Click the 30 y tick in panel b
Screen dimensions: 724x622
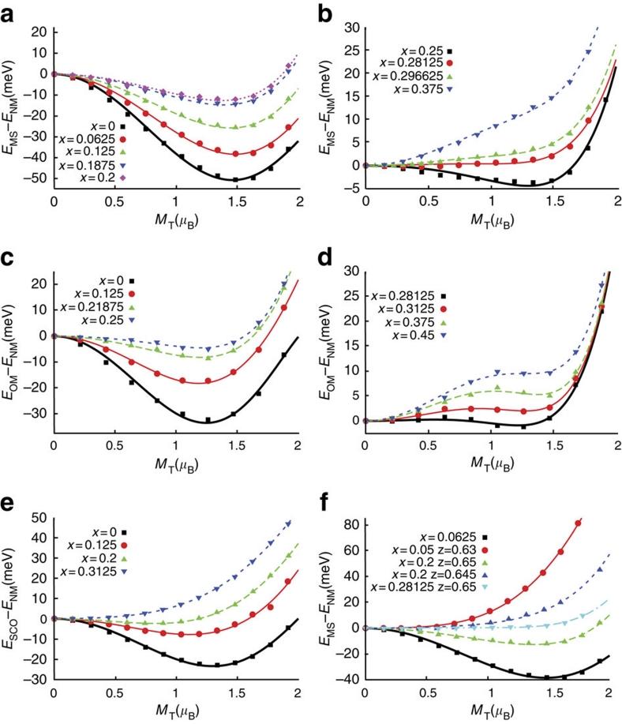click(350, 27)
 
